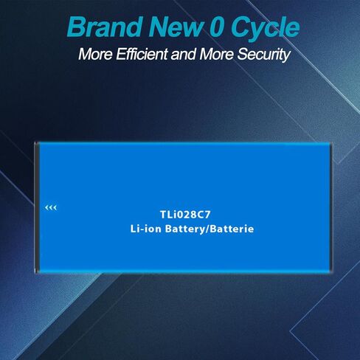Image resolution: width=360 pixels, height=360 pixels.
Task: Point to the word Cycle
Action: (x=266, y=27)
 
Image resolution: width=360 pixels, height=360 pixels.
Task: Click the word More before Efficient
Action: (x=95, y=54)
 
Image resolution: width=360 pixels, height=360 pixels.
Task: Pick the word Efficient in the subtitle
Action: (x=142, y=54)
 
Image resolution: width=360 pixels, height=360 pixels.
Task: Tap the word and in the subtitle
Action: (x=184, y=54)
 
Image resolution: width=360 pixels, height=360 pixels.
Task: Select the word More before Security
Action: (x=216, y=54)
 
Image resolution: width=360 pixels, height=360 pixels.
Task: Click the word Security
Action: (x=263, y=55)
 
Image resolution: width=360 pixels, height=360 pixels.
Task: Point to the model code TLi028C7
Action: (x=185, y=215)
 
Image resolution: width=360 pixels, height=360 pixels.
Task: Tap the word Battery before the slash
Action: (x=184, y=229)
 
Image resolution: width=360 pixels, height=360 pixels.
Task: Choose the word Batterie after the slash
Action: (x=232, y=229)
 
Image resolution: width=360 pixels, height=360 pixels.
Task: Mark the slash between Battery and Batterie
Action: (x=207, y=229)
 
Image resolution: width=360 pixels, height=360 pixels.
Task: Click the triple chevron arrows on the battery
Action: (x=51, y=208)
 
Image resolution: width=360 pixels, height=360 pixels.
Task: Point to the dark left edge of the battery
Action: (x=37, y=208)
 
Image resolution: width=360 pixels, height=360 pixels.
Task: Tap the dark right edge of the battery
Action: (x=330, y=208)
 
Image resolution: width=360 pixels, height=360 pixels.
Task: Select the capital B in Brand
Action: (x=77, y=27)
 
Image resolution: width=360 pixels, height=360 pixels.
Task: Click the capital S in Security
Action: (x=243, y=54)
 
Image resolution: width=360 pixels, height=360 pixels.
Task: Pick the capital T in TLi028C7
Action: (x=164, y=215)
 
